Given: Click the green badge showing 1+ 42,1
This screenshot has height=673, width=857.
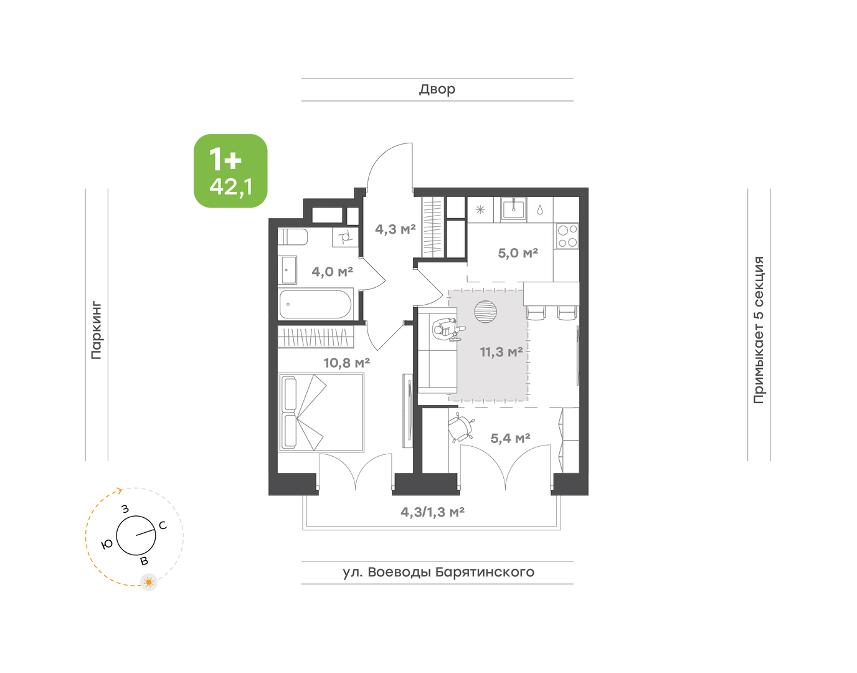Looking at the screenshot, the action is tap(230, 171).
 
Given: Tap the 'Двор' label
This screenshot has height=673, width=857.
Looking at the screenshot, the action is tap(437, 90).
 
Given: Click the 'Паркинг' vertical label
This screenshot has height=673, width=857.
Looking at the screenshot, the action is tap(97, 330).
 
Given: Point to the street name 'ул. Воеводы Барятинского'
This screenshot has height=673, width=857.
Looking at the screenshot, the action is tap(438, 572).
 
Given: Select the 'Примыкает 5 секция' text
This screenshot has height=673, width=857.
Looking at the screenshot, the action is tap(759, 330).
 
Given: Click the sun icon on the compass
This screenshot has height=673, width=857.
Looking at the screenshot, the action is tap(149, 582).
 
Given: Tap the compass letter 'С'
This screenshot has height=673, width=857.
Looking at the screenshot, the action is tap(163, 526).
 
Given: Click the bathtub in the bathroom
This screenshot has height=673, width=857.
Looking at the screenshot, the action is tap(315, 305).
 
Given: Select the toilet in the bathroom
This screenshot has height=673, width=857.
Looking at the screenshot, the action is tap(293, 237).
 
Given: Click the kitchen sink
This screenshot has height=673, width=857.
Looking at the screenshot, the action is tap(513, 209).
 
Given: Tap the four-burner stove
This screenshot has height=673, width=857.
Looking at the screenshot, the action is tap(567, 236).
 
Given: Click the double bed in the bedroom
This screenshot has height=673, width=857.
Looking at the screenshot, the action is tap(321, 413).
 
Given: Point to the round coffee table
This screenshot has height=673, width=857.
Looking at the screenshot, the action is tap(485, 312).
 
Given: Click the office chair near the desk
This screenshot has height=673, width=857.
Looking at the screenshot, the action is tap(461, 427).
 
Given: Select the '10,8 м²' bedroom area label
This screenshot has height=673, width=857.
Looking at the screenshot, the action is tap(347, 363).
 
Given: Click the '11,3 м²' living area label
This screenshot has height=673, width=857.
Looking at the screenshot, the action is tap(501, 352).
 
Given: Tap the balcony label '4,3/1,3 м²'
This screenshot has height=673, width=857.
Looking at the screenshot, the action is tap(433, 512).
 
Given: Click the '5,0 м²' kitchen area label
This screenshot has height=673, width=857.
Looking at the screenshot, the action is tap(518, 253).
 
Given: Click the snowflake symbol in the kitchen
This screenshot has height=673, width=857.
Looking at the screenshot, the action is tap(480, 210).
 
